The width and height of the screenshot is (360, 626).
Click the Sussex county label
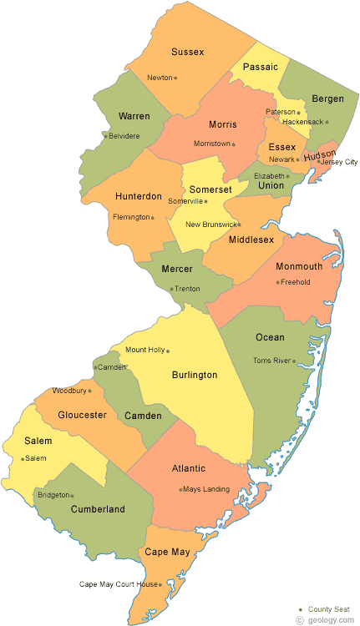click(187, 52)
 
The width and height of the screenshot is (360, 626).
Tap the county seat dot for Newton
click(175, 78)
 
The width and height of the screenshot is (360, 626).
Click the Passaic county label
click(260, 66)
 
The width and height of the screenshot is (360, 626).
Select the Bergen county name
click(327, 98)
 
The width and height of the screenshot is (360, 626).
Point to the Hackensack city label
click(302, 122)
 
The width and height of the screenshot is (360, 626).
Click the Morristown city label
click(212, 144)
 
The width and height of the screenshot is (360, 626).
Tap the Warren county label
click(134, 115)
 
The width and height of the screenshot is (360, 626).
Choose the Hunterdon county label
click(138, 196)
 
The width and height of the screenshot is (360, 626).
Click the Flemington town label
click(132, 217)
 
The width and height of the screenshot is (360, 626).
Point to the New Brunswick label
click(210, 225)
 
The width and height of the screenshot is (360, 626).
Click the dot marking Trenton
click(172, 289)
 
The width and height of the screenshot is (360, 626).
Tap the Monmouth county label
click(299, 266)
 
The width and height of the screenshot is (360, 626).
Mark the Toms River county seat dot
click(295, 361)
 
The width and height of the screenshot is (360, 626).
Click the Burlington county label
click(195, 375)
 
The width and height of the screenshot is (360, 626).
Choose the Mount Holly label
click(144, 350)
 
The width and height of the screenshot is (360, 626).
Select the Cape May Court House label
click(118, 584)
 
